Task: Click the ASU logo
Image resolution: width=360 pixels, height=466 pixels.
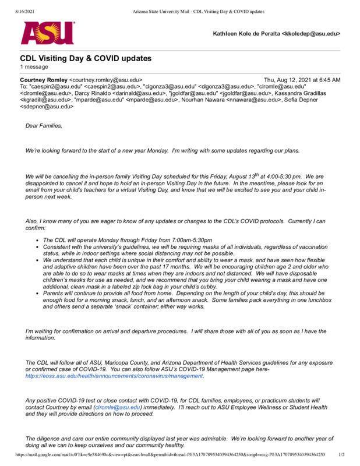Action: [48, 33]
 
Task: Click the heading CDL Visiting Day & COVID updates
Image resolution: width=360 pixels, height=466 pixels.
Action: [86, 58]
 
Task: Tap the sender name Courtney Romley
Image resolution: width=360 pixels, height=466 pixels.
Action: [44, 80]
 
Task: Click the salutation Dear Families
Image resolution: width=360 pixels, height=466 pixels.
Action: [44, 126]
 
